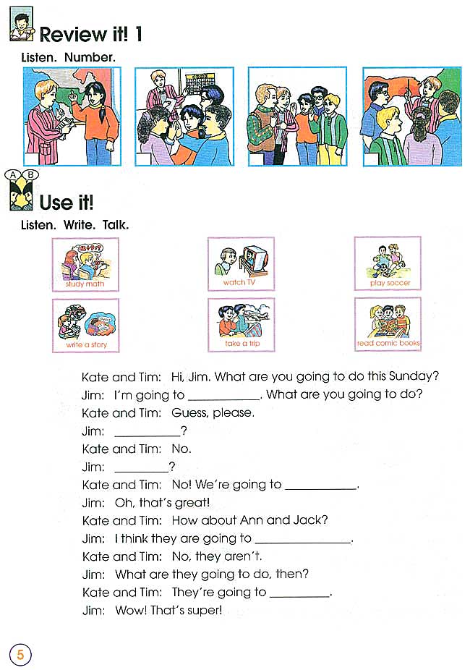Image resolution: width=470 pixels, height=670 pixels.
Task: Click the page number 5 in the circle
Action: click(x=20, y=655)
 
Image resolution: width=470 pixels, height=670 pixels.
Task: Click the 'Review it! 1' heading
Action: click(x=90, y=34)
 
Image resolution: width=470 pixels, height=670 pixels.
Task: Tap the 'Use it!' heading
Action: click(x=67, y=201)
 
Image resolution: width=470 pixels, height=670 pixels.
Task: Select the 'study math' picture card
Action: click(x=85, y=264)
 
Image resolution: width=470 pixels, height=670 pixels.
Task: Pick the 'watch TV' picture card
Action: click(x=241, y=264)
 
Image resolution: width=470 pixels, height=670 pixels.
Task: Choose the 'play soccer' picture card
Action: click(x=388, y=264)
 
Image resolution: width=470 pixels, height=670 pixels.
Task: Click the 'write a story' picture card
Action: click(x=85, y=325)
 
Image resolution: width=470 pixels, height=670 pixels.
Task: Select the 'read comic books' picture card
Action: click(x=388, y=325)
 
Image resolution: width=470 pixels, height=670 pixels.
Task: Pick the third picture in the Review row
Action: click(x=297, y=116)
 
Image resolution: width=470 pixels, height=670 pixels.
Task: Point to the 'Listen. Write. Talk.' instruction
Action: click(x=75, y=225)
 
